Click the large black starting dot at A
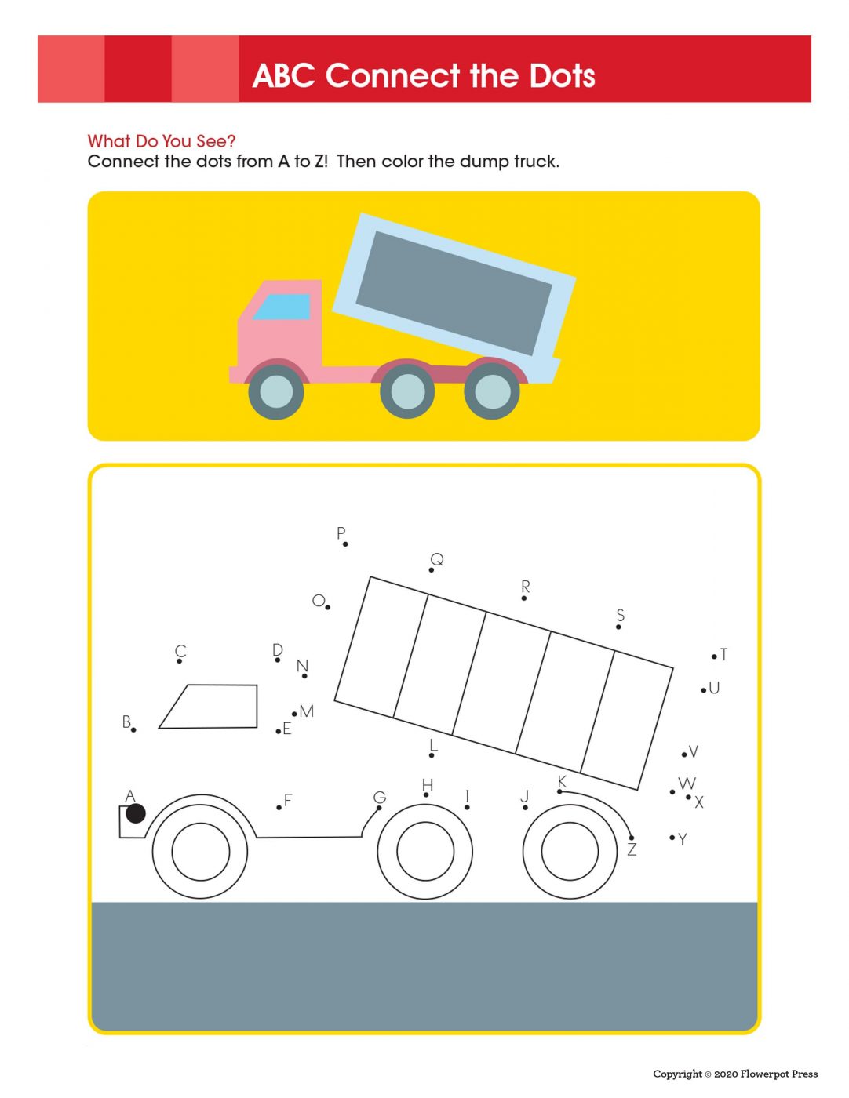pyautogui.click(x=136, y=813)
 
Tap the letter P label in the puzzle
pyautogui.click(x=341, y=533)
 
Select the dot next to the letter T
pyautogui.click(x=714, y=656)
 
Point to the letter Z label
pyautogui.click(x=632, y=849)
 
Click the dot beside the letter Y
pyautogui.click(x=672, y=838)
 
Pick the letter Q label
pyautogui.click(x=437, y=559)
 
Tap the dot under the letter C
pyautogui.click(x=180, y=661)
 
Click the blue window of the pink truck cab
pyautogui.click(x=282, y=306)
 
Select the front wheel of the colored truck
pyautogui.click(x=276, y=391)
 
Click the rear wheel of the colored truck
pyautogui.click(x=492, y=391)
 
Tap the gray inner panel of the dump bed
pyautogui.click(x=454, y=293)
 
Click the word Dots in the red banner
pyautogui.click(x=563, y=76)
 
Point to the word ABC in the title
pyautogui.click(x=284, y=76)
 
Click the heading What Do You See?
pyautogui.click(x=162, y=141)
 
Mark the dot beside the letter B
pyautogui.click(x=133, y=729)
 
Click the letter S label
pyautogui.click(x=621, y=615)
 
